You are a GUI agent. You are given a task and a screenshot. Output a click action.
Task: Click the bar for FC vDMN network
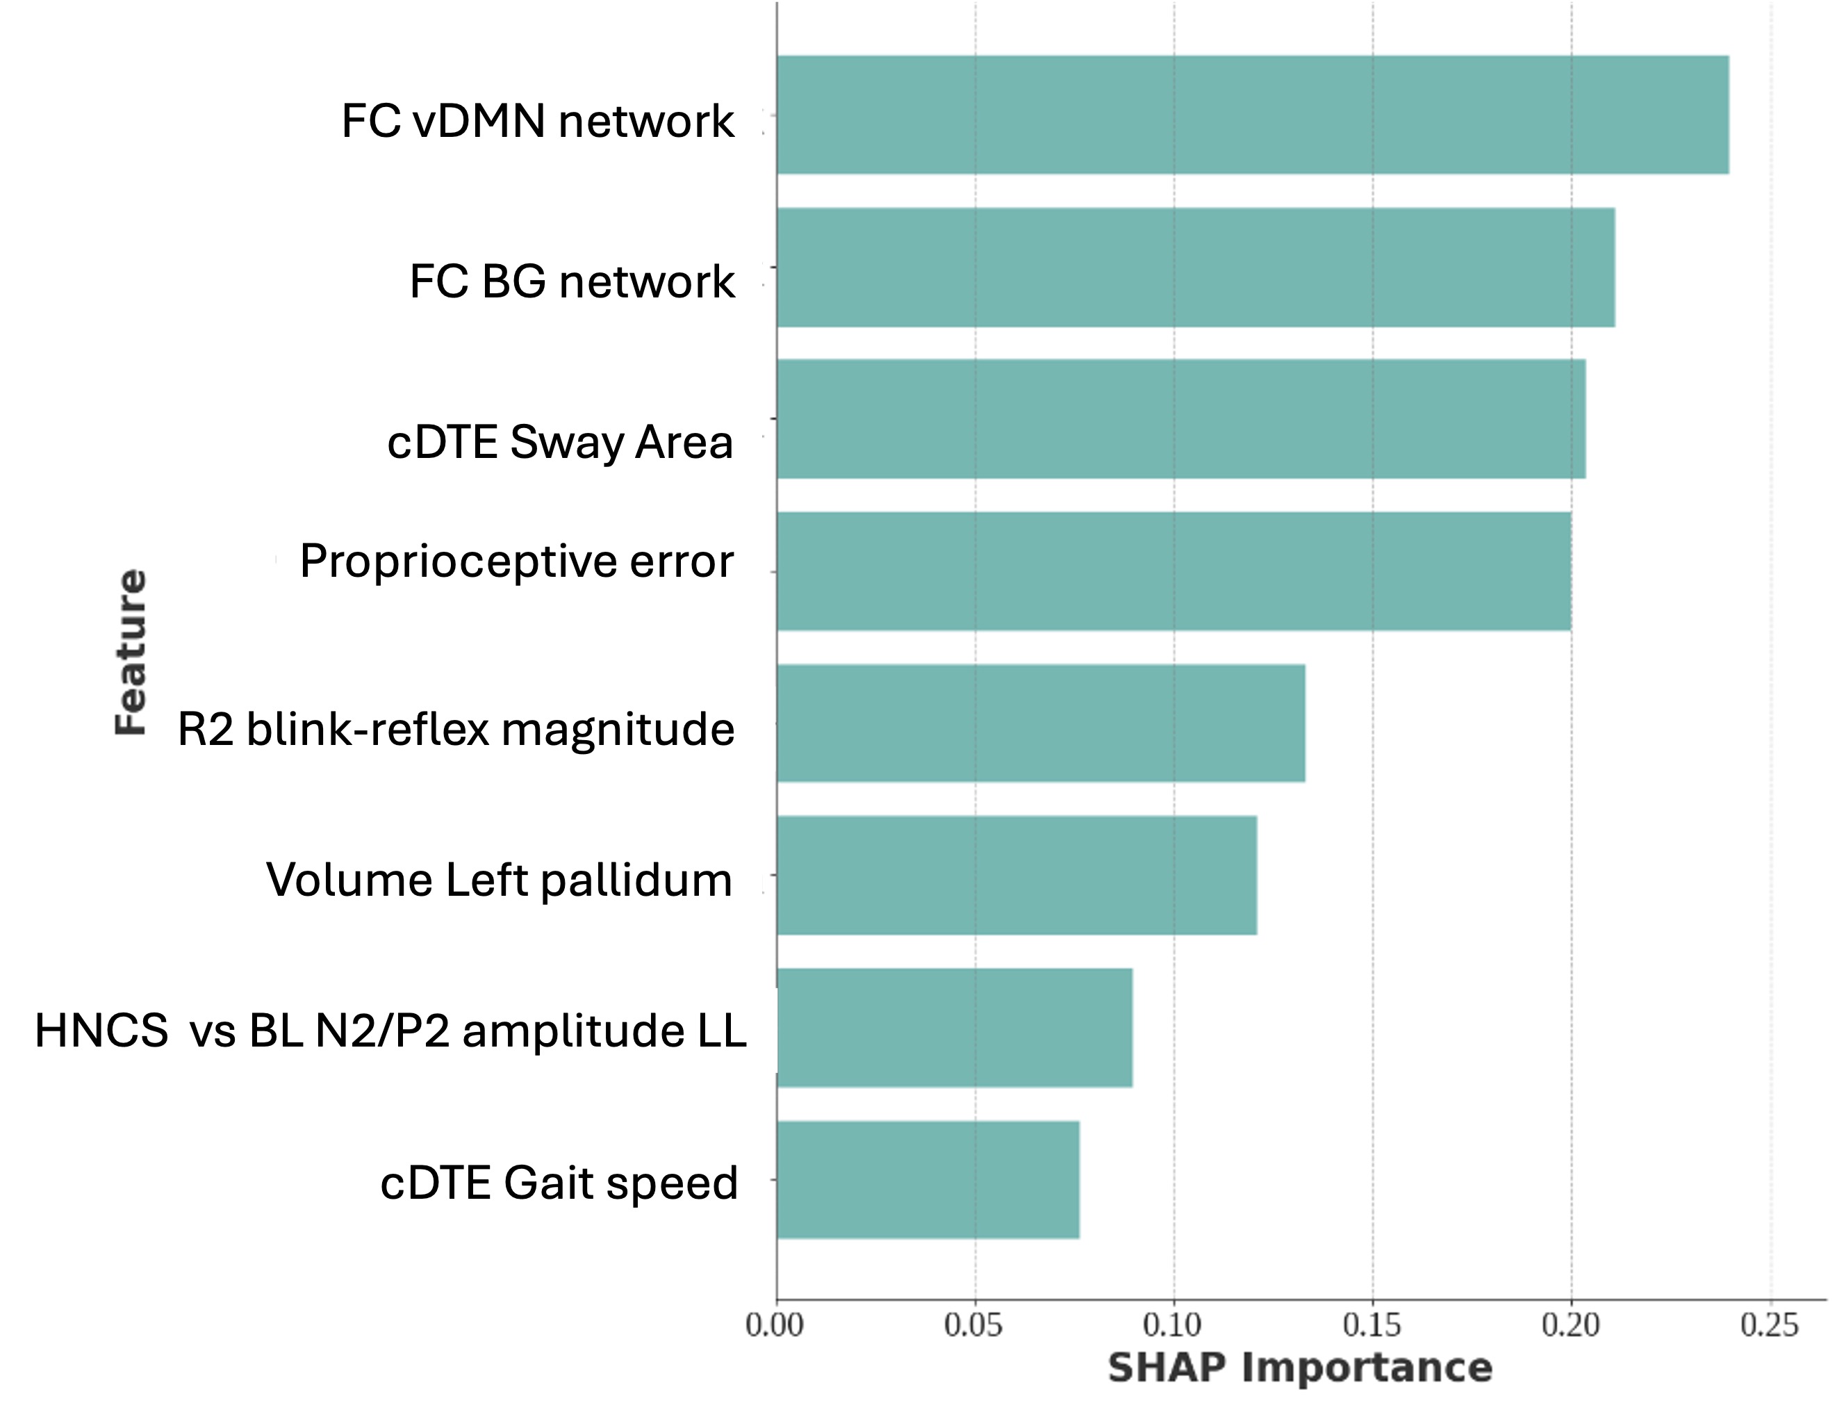coord(1251,115)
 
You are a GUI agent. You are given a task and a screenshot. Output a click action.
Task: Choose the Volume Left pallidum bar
coord(1016,875)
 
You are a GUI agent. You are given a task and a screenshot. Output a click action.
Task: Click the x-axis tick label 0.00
coord(775,1325)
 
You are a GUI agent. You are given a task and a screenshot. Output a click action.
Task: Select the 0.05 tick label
coord(973,1325)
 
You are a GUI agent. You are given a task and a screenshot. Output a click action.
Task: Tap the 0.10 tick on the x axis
coord(1172,1325)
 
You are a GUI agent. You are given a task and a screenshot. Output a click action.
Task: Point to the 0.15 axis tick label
coord(1371,1325)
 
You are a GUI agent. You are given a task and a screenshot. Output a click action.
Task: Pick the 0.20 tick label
coord(1570,1325)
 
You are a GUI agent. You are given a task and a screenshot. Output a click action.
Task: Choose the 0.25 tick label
coord(1770,1325)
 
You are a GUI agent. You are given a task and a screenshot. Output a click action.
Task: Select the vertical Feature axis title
coord(131,651)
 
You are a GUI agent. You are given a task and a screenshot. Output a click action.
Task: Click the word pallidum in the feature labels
coord(636,880)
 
